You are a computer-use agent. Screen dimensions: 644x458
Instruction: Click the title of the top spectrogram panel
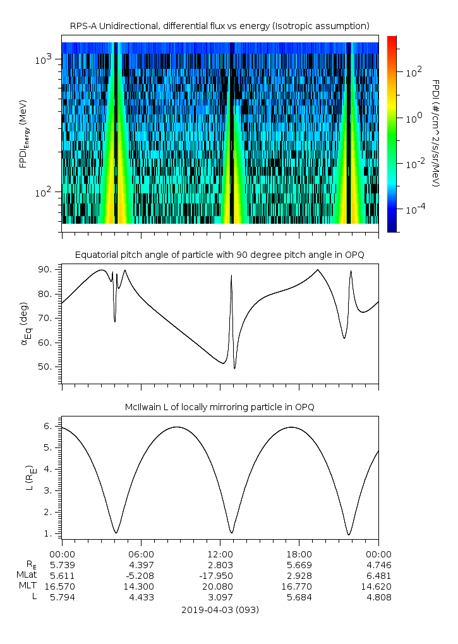(220, 26)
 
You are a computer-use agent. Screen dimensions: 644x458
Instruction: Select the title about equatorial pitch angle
(220, 255)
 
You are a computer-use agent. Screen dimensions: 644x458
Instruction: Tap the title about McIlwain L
(220, 407)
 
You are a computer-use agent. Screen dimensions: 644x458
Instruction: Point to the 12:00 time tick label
(220, 553)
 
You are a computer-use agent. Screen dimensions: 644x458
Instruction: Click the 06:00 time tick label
(141, 553)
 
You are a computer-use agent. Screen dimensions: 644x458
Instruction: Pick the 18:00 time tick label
(299, 553)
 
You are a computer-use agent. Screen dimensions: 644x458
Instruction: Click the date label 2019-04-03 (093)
(220, 610)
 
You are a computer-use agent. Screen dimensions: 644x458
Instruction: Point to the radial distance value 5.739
(61, 564)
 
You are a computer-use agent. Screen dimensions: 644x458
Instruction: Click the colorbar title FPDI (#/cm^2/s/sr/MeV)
(436, 133)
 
